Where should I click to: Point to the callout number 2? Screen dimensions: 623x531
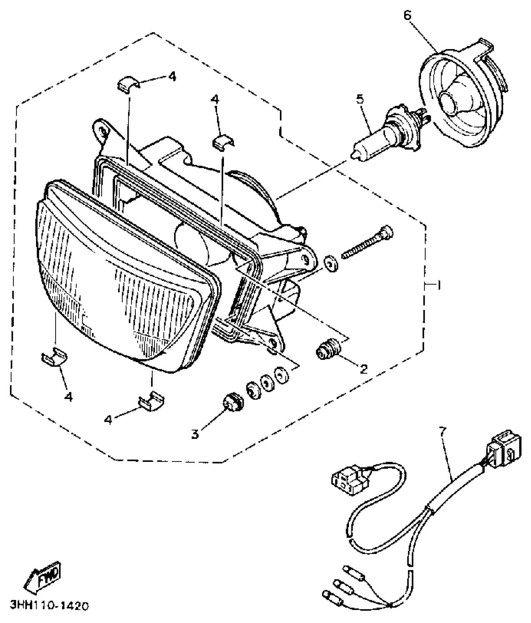tap(363, 369)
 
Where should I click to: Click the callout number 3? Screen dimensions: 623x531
tap(195, 434)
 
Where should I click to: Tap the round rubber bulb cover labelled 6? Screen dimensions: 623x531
tap(459, 97)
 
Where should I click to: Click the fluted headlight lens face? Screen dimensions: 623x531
tap(125, 281)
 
